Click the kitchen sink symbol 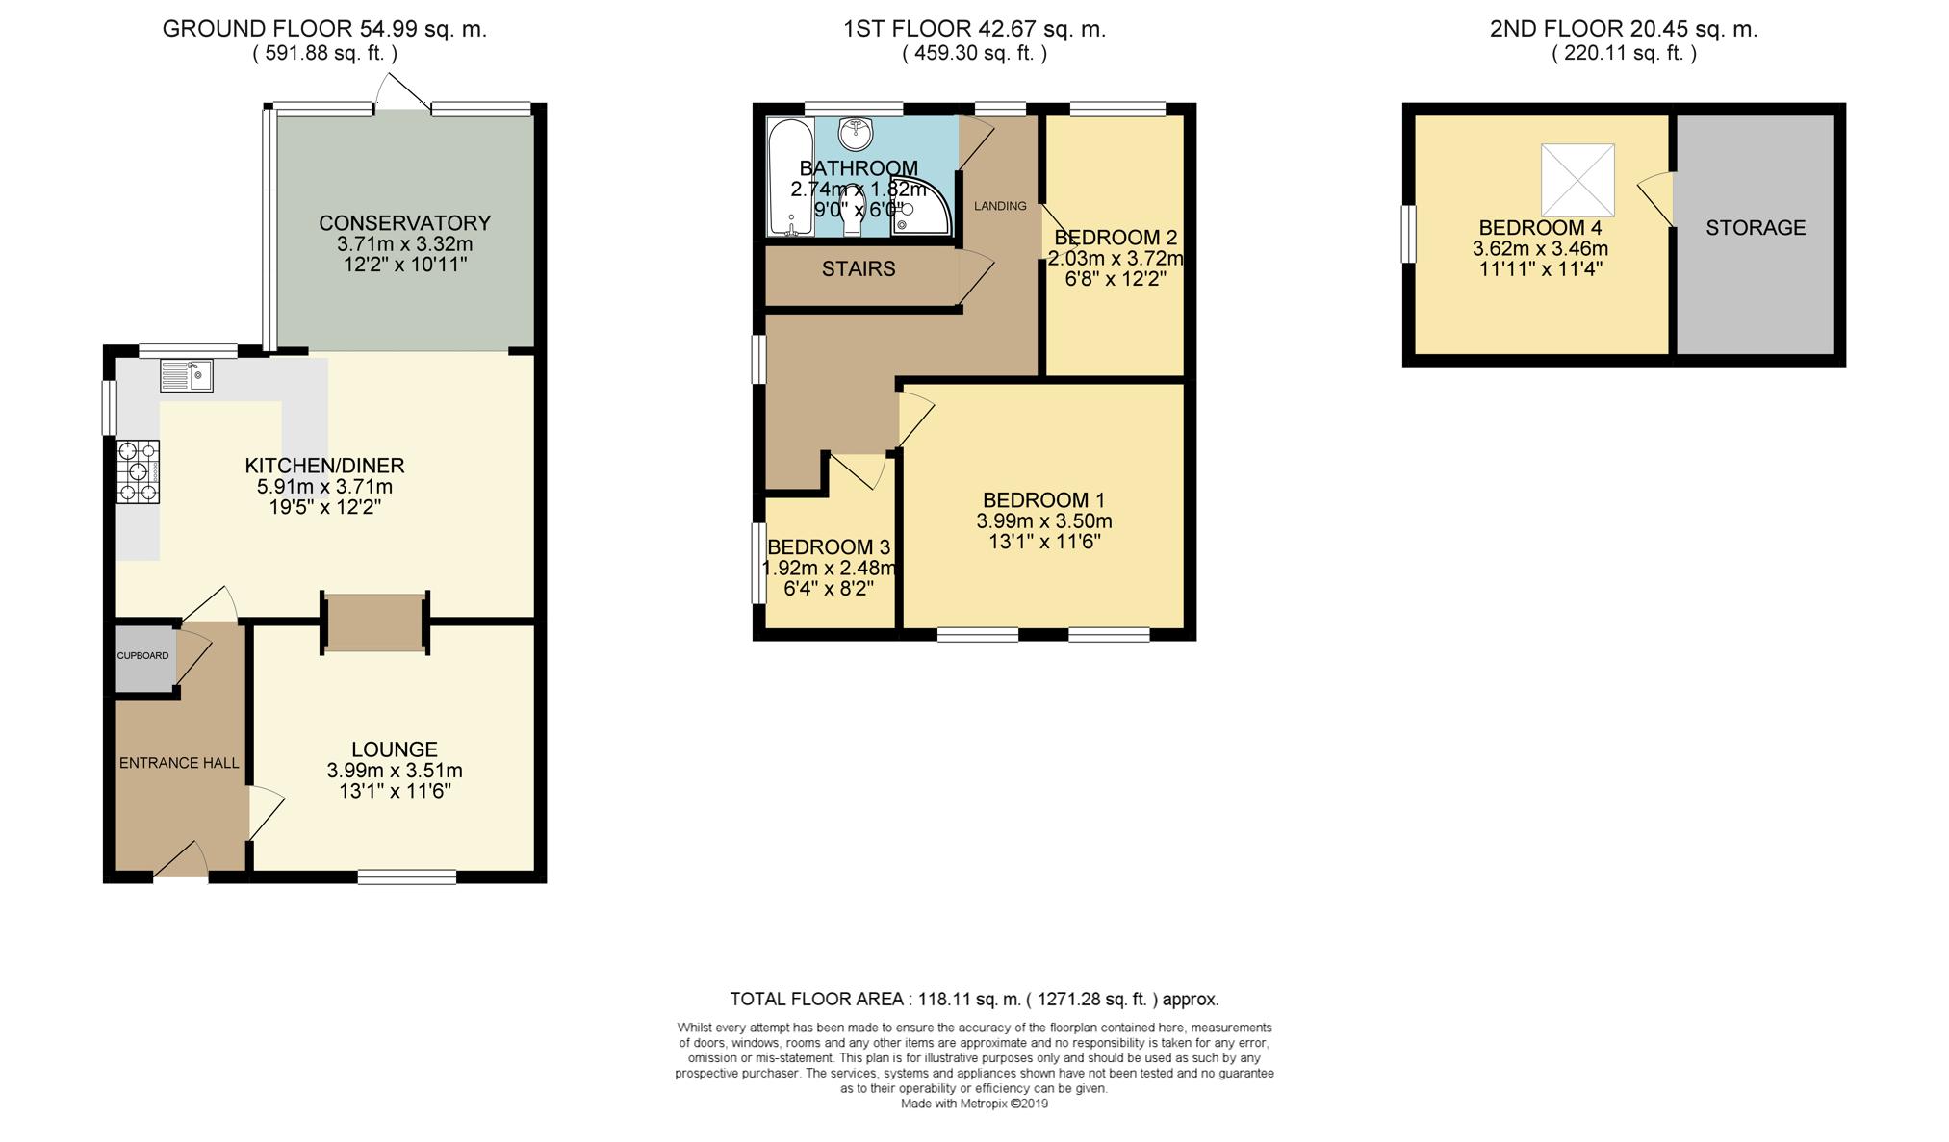click(x=187, y=375)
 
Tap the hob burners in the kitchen click(x=139, y=471)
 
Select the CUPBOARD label click(x=143, y=656)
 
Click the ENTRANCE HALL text click(x=179, y=763)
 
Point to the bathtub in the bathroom click(x=790, y=177)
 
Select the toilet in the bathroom click(x=852, y=212)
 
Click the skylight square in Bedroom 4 click(x=1577, y=180)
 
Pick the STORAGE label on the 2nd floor click(x=1756, y=228)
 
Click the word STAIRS click(x=859, y=269)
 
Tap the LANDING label click(x=1000, y=206)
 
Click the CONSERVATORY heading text click(x=405, y=223)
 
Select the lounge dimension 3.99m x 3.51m click(x=395, y=771)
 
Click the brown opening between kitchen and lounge click(x=375, y=622)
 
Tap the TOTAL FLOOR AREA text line click(x=974, y=1000)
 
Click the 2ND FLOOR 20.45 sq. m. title click(x=1623, y=29)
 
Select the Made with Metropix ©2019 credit click(x=974, y=1104)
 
